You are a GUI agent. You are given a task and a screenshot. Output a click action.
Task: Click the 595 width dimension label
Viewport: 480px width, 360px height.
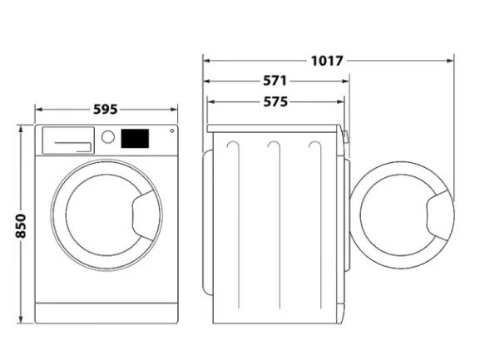106,109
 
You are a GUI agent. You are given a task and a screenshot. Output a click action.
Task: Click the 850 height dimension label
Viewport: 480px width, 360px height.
21,226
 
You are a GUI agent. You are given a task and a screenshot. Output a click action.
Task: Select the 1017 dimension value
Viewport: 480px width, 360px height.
327,61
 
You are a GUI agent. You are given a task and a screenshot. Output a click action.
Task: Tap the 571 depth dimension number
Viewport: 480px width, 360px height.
275,81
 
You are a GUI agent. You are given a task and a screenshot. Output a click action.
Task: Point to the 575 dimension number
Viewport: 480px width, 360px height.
275,102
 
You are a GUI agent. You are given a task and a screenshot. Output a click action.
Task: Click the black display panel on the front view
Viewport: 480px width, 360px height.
135,138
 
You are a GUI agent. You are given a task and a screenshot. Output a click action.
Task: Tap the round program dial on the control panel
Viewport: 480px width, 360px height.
108,136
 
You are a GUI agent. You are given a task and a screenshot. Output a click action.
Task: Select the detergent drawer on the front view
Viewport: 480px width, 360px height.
68,141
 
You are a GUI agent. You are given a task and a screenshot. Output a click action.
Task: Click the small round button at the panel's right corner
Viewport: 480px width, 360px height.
172,131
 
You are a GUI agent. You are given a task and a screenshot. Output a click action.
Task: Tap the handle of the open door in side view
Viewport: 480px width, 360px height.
438,215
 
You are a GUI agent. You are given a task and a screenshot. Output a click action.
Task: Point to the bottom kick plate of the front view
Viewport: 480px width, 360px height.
106,313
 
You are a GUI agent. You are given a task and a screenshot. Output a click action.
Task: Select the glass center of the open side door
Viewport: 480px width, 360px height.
395,215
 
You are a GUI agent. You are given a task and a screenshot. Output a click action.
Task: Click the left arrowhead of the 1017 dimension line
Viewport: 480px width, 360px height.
206,61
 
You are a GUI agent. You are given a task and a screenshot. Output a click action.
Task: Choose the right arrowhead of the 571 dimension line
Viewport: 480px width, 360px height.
346,81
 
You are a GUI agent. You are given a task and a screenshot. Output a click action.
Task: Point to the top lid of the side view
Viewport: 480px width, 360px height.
274,129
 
